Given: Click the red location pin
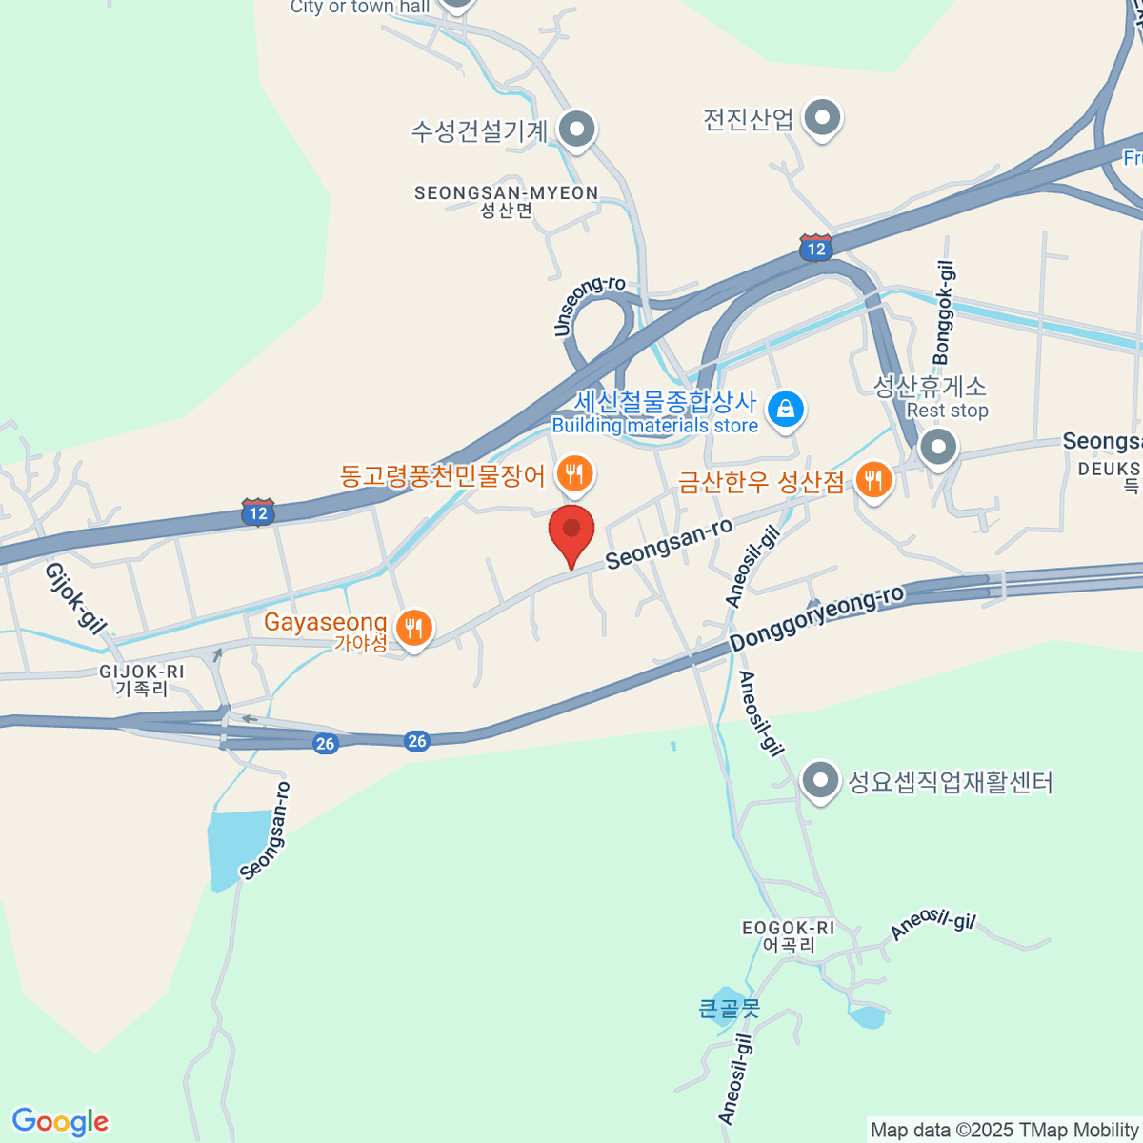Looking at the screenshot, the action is [x=571, y=531].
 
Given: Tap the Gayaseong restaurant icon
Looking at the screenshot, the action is [x=413, y=629].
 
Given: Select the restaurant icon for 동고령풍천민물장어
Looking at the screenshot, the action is [x=574, y=472].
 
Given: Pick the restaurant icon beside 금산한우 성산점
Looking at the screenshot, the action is [x=873, y=479].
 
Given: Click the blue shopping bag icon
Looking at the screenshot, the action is [x=786, y=410].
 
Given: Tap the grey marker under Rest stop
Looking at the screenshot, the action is [x=939, y=447].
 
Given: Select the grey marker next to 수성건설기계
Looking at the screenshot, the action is [x=576, y=129].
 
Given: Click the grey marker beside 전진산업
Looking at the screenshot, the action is [x=822, y=119].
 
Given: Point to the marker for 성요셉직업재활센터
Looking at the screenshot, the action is [x=819, y=782].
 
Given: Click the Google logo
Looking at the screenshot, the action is [x=60, y=1122].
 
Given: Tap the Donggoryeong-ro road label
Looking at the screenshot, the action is [x=816, y=619].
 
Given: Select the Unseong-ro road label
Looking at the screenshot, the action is [x=589, y=305].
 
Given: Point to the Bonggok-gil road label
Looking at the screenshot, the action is [x=944, y=313].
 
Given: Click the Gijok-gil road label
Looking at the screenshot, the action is [x=74, y=598].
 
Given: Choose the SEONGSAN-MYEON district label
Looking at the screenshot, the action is [x=506, y=193].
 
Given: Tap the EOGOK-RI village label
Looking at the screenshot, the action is [x=788, y=928].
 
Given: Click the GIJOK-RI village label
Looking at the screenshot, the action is [x=142, y=672].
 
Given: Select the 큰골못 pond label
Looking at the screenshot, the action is [x=730, y=1007].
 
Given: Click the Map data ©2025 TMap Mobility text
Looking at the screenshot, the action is [x=1005, y=1130].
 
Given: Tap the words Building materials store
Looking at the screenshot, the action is [x=655, y=426].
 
